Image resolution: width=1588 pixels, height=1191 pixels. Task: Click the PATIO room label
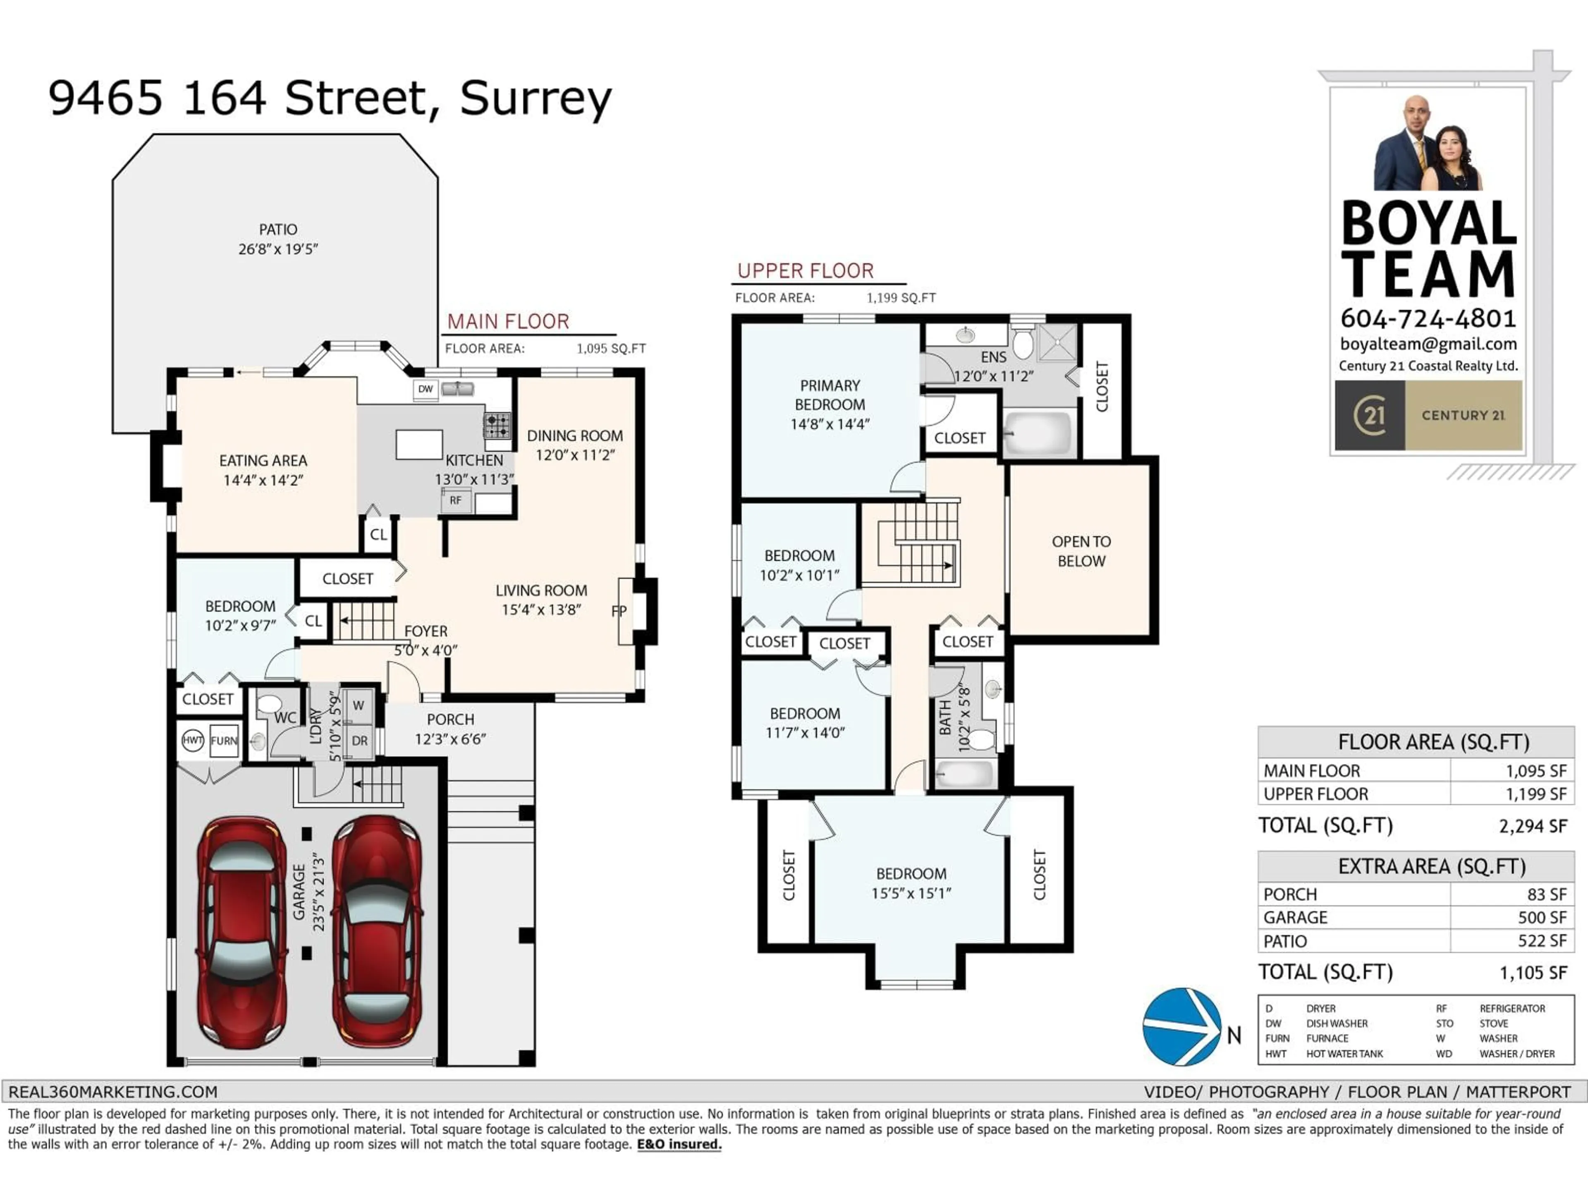tap(278, 230)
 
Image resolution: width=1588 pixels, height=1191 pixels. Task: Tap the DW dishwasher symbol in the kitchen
tap(426, 389)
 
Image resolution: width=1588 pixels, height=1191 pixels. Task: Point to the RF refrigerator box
tap(456, 500)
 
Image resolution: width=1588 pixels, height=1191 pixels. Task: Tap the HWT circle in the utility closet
tap(192, 740)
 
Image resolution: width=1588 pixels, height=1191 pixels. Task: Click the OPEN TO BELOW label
tap(1081, 551)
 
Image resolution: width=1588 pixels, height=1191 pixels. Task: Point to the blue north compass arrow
tap(1181, 1026)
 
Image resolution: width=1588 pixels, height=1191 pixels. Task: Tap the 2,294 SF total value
tap(1532, 826)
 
